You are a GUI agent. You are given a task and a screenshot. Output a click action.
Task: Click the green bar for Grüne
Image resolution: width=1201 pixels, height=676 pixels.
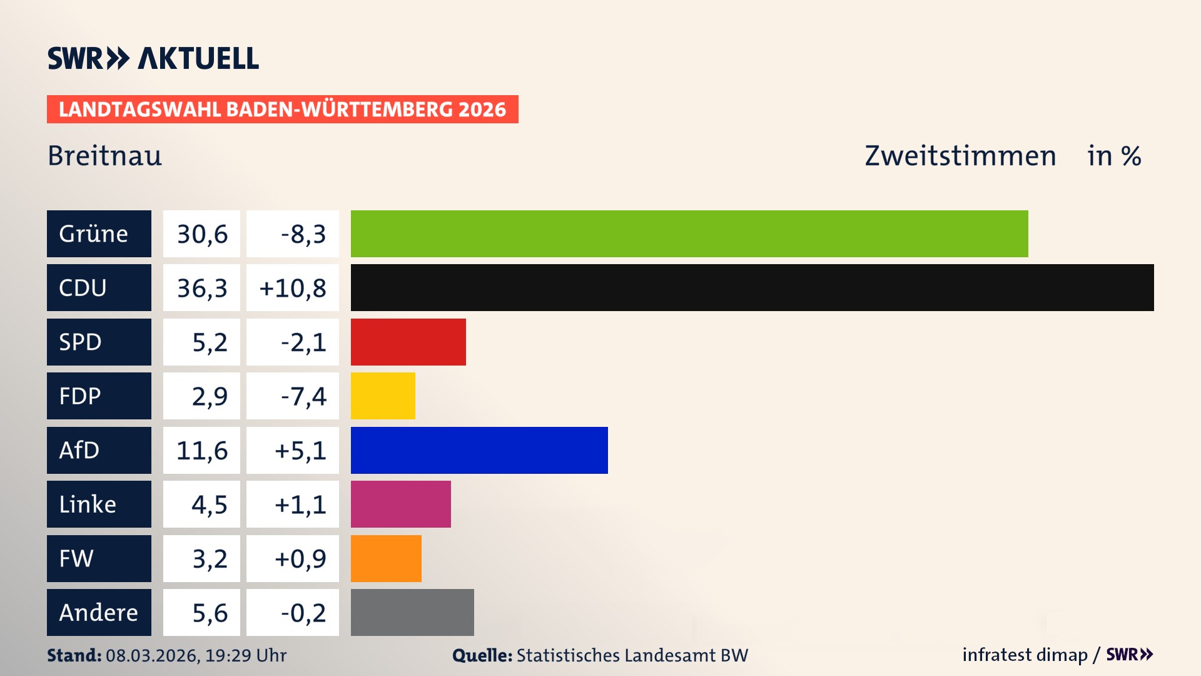tap(689, 233)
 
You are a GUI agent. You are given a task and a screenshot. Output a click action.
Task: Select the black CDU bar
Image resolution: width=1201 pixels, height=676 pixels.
tap(752, 287)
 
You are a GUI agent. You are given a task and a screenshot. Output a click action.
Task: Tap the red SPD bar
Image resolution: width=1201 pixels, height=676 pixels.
tap(408, 342)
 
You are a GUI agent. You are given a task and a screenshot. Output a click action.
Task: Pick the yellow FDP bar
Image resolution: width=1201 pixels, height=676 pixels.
tap(383, 396)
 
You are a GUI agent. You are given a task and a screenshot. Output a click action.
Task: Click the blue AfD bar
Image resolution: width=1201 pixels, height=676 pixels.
tap(479, 450)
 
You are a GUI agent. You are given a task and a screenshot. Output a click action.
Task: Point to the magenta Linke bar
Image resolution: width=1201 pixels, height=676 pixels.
tap(400, 504)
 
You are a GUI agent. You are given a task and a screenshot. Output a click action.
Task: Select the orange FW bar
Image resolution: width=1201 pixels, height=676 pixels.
tap(386, 558)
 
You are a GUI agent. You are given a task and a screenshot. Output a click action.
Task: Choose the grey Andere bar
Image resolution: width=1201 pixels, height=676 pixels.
tap(412, 612)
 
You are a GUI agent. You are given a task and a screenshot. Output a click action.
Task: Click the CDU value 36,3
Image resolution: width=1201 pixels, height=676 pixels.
tap(202, 288)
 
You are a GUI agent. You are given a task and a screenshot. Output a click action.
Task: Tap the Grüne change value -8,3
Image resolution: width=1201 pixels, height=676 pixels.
tap(303, 234)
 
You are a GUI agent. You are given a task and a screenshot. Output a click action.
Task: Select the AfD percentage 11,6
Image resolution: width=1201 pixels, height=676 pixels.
tap(202, 451)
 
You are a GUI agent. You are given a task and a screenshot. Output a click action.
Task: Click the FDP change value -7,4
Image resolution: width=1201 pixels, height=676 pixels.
tap(303, 396)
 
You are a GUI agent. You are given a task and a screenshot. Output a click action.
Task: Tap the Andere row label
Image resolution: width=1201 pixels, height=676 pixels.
tap(99, 612)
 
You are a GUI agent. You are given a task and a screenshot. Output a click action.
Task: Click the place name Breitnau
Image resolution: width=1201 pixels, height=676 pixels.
tap(104, 156)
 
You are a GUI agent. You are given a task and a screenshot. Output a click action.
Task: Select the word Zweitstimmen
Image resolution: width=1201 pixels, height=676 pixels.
tap(960, 156)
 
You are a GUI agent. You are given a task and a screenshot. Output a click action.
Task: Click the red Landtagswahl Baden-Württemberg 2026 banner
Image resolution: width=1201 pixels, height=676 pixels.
tap(282, 109)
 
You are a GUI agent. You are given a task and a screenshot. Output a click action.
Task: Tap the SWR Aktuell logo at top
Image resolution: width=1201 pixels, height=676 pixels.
tap(153, 58)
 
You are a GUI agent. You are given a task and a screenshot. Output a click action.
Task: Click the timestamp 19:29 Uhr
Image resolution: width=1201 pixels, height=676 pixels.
tap(246, 655)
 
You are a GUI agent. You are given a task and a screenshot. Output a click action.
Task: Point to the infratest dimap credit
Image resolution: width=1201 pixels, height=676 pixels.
tap(1025, 655)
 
